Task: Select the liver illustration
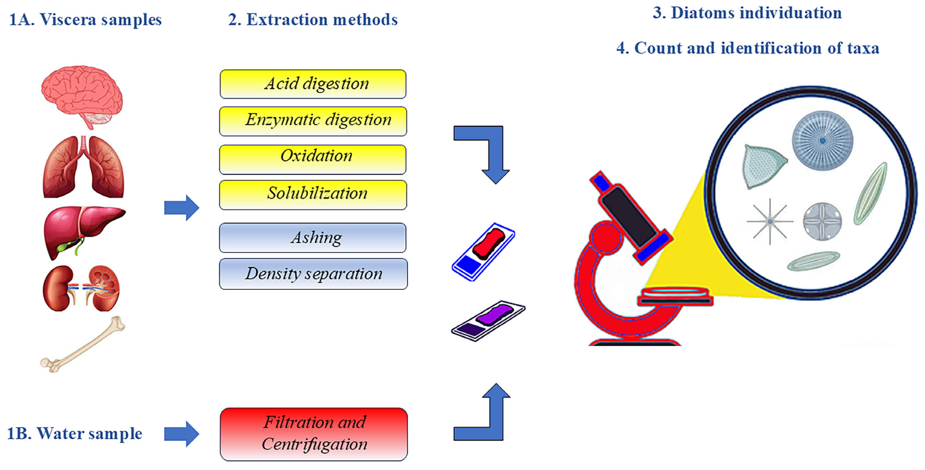(83, 230)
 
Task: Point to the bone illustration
(83, 345)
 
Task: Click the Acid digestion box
(313, 84)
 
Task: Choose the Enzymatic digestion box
(313, 121)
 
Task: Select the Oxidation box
(313, 159)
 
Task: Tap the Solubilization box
(313, 195)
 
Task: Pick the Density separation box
(313, 273)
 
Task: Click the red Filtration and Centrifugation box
(314, 434)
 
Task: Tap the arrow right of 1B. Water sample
(182, 434)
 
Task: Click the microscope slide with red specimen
(483, 251)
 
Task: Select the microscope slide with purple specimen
(488, 321)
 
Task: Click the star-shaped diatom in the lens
(769, 221)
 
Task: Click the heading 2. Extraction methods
(313, 20)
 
